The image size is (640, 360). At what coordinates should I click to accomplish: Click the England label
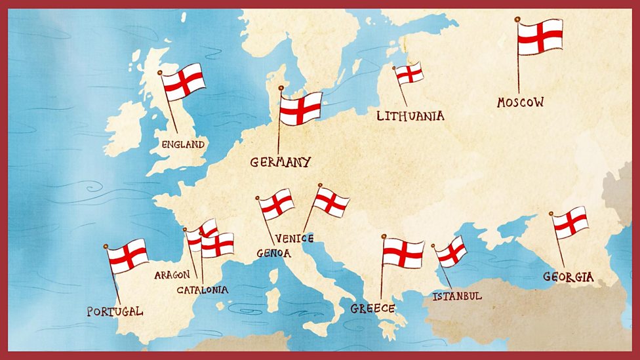click(183, 144)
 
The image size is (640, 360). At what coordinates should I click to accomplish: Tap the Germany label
click(280, 162)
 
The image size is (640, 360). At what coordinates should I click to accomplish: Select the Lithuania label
click(410, 116)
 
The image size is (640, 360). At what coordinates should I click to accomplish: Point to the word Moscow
click(520, 102)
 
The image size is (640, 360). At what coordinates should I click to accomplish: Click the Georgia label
click(568, 277)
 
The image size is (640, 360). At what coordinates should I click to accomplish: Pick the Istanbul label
click(457, 296)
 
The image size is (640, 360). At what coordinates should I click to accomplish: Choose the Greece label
click(372, 308)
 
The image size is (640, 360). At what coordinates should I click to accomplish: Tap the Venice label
click(294, 238)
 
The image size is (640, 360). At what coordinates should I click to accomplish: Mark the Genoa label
click(273, 253)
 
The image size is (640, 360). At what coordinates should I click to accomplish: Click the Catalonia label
click(202, 289)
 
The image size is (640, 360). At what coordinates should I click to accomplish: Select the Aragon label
click(172, 275)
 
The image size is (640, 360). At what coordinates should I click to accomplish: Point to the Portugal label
click(115, 311)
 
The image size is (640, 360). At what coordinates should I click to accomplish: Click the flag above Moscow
click(540, 37)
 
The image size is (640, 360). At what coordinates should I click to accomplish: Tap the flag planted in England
click(184, 82)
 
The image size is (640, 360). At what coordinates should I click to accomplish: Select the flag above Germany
click(301, 108)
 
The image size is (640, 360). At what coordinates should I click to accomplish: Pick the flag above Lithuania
click(410, 73)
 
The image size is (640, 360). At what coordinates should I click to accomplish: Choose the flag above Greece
click(403, 252)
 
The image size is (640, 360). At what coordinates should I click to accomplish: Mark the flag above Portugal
click(128, 256)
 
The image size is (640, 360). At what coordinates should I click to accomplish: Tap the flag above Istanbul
click(452, 251)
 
